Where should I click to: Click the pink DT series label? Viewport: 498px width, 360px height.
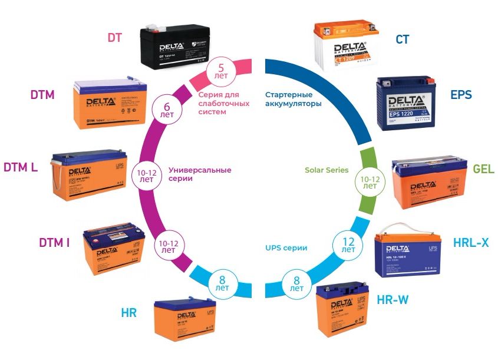(x=115, y=37)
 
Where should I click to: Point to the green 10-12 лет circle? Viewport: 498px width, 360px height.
(x=370, y=181)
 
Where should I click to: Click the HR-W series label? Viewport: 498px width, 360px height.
(x=392, y=300)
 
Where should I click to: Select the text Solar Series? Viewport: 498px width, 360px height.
(x=326, y=170)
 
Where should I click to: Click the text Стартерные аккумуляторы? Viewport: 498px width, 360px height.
(x=293, y=99)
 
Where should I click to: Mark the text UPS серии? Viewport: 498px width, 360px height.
(x=288, y=248)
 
